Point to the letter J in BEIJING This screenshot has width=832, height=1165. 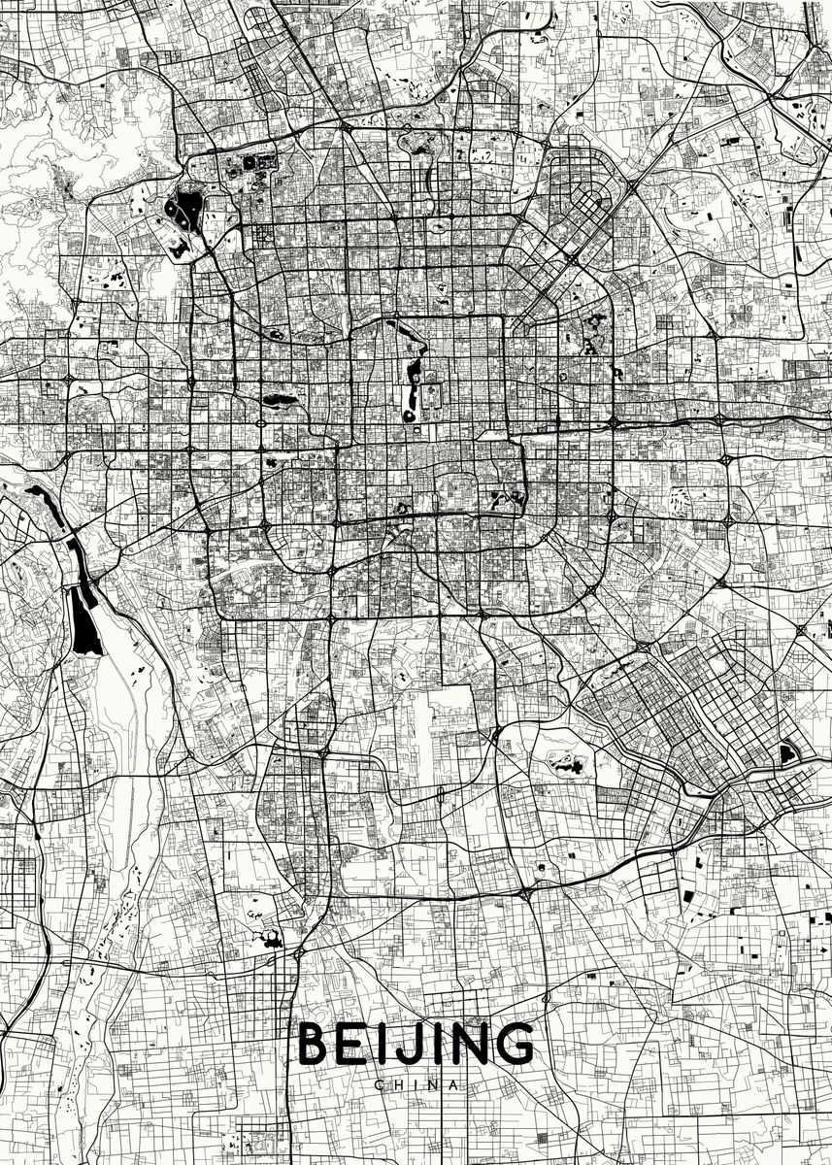coord(407,1045)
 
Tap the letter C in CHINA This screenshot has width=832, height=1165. coord(379,1084)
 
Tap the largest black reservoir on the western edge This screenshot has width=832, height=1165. coord(84,622)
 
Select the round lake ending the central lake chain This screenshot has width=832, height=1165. coord(415,415)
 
